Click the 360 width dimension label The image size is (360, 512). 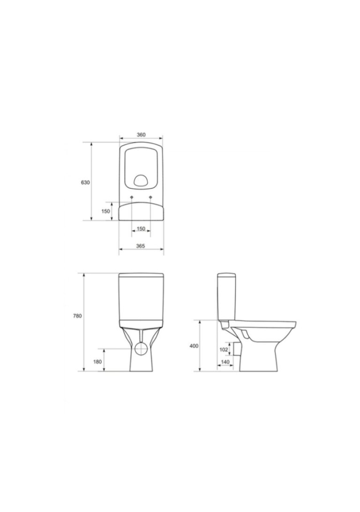pyautogui.click(x=141, y=134)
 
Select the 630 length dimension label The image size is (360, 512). pyautogui.click(x=85, y=182)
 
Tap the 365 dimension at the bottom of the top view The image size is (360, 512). pyautogui.click(x=140, y=246)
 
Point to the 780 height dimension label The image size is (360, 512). pyautogui.click(x=77, y=316)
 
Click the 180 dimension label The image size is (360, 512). pyautogui.click(x=98, y=362)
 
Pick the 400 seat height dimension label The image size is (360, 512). pyautogui.click(x=194, y=346)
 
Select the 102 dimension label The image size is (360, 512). pyautogui.click(x=223, y=350)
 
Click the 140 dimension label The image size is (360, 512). pyautogui.click(x=226, y=362)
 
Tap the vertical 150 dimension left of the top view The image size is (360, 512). pyautogui.click(x=106, y=211)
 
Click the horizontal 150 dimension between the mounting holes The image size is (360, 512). pyautogui.click(x=141, y=229)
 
